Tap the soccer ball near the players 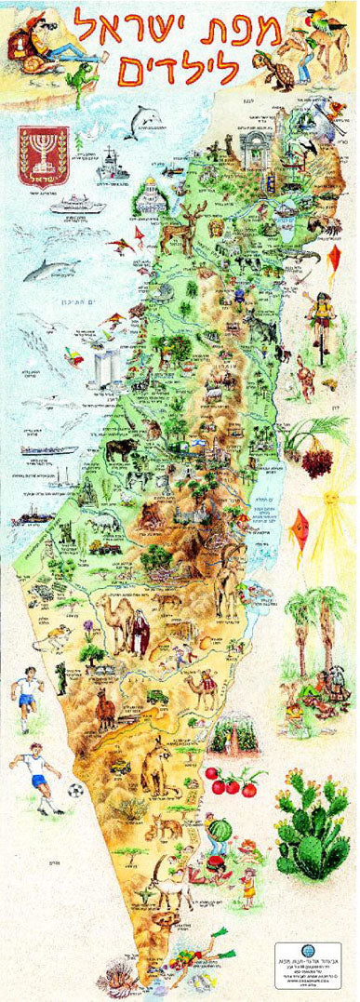(x=75, y=790)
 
